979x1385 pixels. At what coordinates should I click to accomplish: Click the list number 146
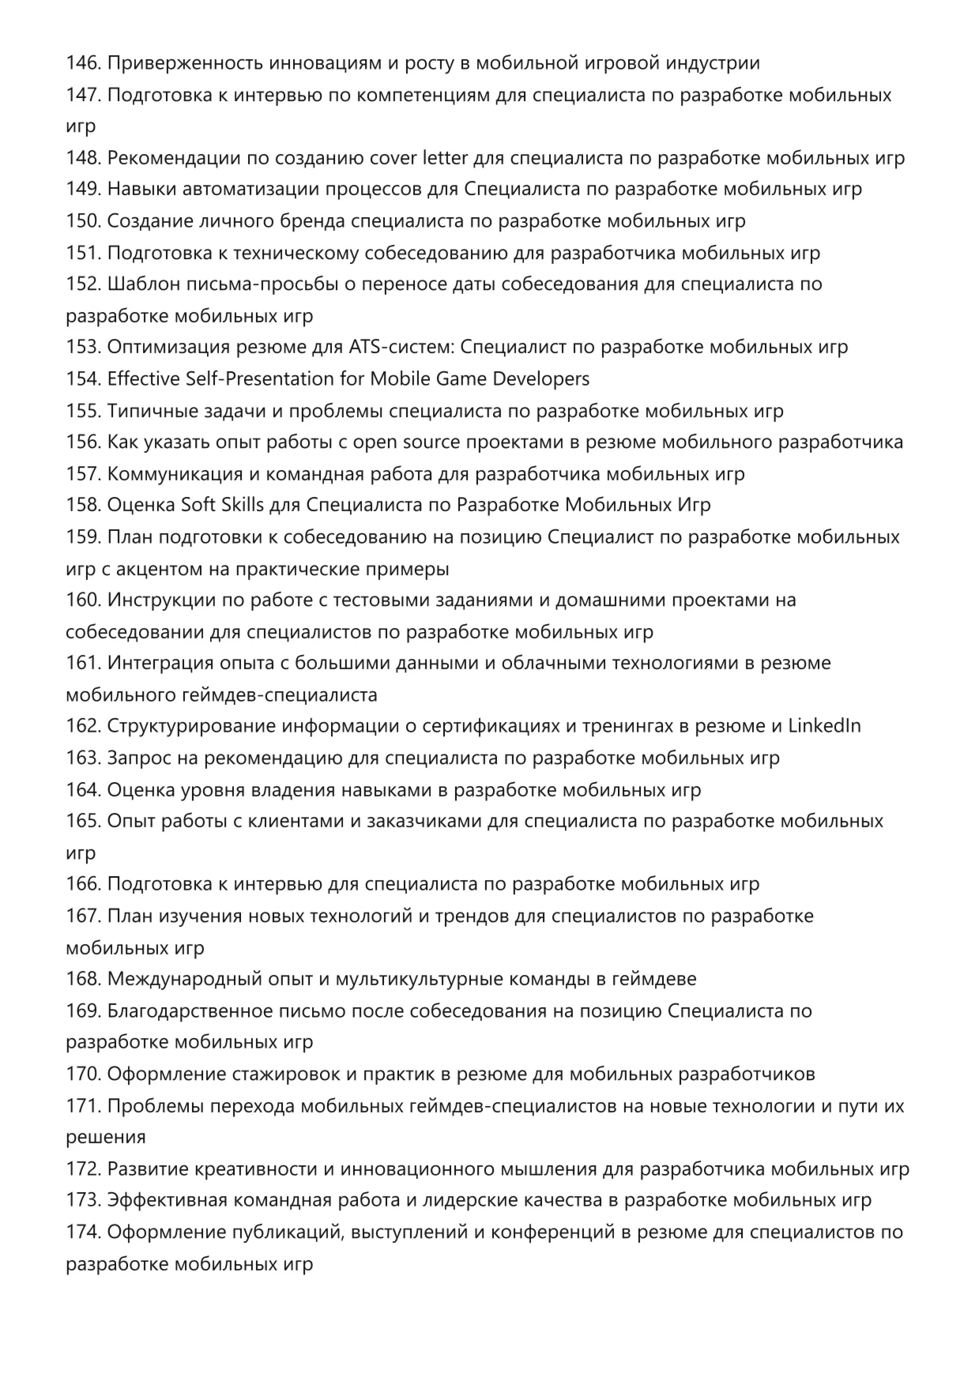click(x=83, y=63)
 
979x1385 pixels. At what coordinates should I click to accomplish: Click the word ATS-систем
click(x=401, y=348)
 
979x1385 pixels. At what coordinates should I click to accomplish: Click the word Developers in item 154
click(x=541, y=379)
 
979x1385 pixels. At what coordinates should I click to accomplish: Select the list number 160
click(x=83, y=600)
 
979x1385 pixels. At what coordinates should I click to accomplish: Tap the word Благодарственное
click(x=190, y=1011)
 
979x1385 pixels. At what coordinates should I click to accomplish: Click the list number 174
click(x=83, y=1233)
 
